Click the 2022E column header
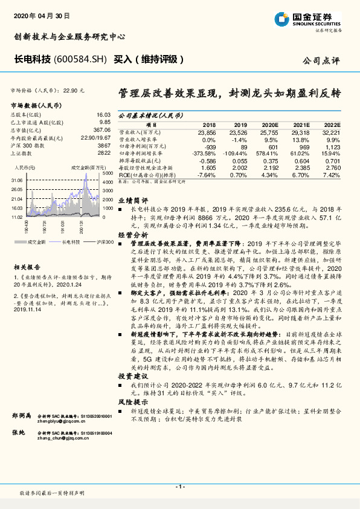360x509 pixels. click(x=330, y=123)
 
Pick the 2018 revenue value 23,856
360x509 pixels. click(x=207, y=131)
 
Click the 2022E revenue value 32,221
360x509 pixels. click(x=330, y=131)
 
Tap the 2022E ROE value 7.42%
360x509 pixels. click(x=332, y=175)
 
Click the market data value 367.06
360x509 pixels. click(x=101, y=130)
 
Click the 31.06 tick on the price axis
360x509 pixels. click(x=16, y=180)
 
